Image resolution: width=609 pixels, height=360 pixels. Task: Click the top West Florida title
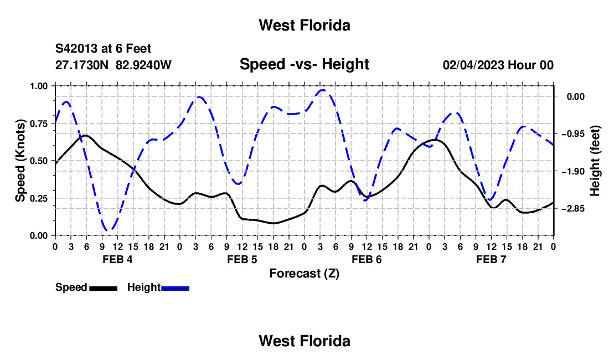pos(304,25)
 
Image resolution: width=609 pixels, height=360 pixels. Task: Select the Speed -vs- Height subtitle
pos(304,64)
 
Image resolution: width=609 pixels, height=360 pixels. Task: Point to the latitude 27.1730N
pos(82,65)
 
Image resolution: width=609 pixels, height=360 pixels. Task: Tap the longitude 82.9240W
pos(143,65)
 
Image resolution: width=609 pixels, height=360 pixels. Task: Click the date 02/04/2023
pos(473,65)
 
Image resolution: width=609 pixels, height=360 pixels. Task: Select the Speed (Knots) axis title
pos(20,161)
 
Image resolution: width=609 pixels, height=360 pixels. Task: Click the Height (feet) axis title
pos(595,161)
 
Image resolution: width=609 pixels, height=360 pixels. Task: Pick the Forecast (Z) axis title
pos(304,274)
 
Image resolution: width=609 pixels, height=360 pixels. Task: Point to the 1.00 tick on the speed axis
pos(39,86)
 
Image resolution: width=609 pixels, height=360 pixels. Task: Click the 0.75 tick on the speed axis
pos(39,124)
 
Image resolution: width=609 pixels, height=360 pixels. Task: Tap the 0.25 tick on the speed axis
pos(39,198)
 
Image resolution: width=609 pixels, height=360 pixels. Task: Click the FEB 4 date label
pos(117,259)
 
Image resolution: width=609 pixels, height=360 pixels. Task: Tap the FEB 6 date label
pos(367,259)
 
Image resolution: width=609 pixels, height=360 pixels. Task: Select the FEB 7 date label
pos(491,259)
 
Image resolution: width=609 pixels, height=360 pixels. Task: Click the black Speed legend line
pos(104,288)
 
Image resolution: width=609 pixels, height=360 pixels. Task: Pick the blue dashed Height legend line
pos(175,288)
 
